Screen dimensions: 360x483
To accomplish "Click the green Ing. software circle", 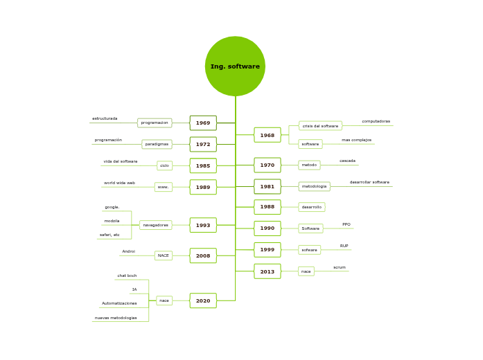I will point(235,66).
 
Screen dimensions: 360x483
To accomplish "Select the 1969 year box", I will point(203,123).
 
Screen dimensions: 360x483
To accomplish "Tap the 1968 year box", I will point(267,135).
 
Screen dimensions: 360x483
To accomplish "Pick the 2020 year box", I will point(203,300).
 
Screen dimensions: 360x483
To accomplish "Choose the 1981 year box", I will point(267,186).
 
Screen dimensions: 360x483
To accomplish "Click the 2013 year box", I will point(267,271).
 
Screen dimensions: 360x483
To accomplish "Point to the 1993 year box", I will point(203,225).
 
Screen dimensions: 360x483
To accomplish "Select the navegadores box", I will point(156,225).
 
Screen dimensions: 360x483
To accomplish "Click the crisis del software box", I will point(320,126).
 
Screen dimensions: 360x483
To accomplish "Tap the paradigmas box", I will point(157,144).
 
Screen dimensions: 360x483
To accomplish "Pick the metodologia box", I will point(314,186).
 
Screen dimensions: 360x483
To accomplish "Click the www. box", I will point(164,187).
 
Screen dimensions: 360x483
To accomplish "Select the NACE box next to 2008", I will point(164,255).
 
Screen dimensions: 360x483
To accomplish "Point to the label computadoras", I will point(376,121).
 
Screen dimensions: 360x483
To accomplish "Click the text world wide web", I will point(119,183).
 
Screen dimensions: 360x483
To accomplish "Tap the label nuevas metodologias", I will point(116,318).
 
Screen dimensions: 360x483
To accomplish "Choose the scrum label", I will point(340,267).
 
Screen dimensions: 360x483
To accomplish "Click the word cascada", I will point(347,161).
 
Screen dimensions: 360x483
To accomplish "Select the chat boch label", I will point(127,276).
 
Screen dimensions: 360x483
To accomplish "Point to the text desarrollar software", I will point(369,182).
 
